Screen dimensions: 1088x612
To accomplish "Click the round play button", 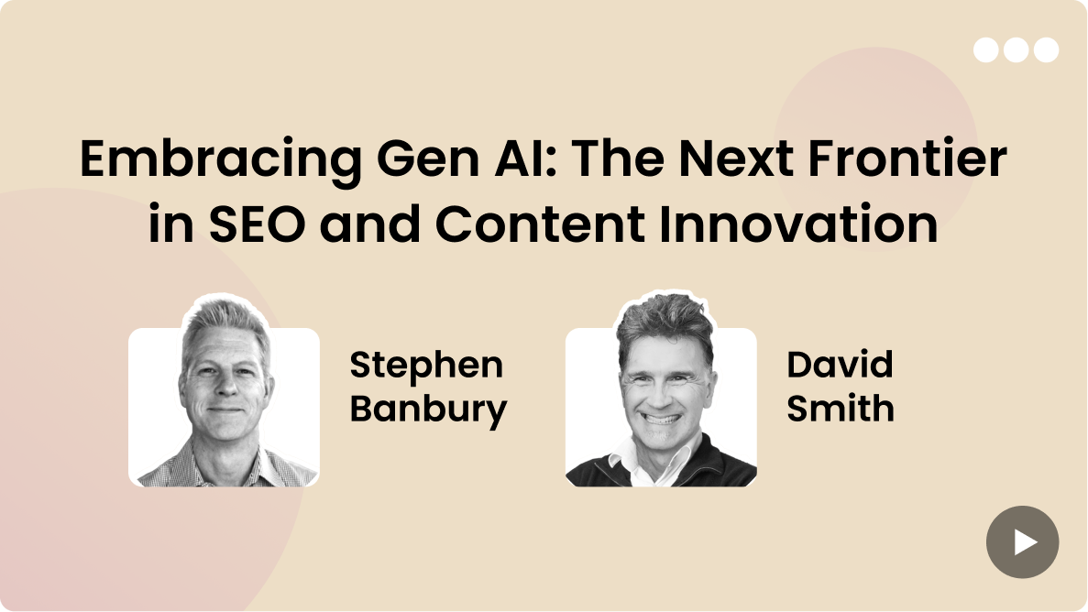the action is tap(1022, 542).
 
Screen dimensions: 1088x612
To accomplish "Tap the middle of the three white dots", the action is tap(1016, 50).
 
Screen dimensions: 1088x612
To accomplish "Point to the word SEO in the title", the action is tap(257, 224).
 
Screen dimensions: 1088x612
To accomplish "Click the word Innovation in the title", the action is tap(798, 224).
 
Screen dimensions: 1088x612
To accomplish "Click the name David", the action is tap(840, 365).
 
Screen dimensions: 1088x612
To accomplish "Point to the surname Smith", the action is tap(841, 408).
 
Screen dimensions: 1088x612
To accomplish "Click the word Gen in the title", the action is tap(428, 158).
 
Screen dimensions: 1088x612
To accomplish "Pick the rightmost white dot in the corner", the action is tap(1046, 50).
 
